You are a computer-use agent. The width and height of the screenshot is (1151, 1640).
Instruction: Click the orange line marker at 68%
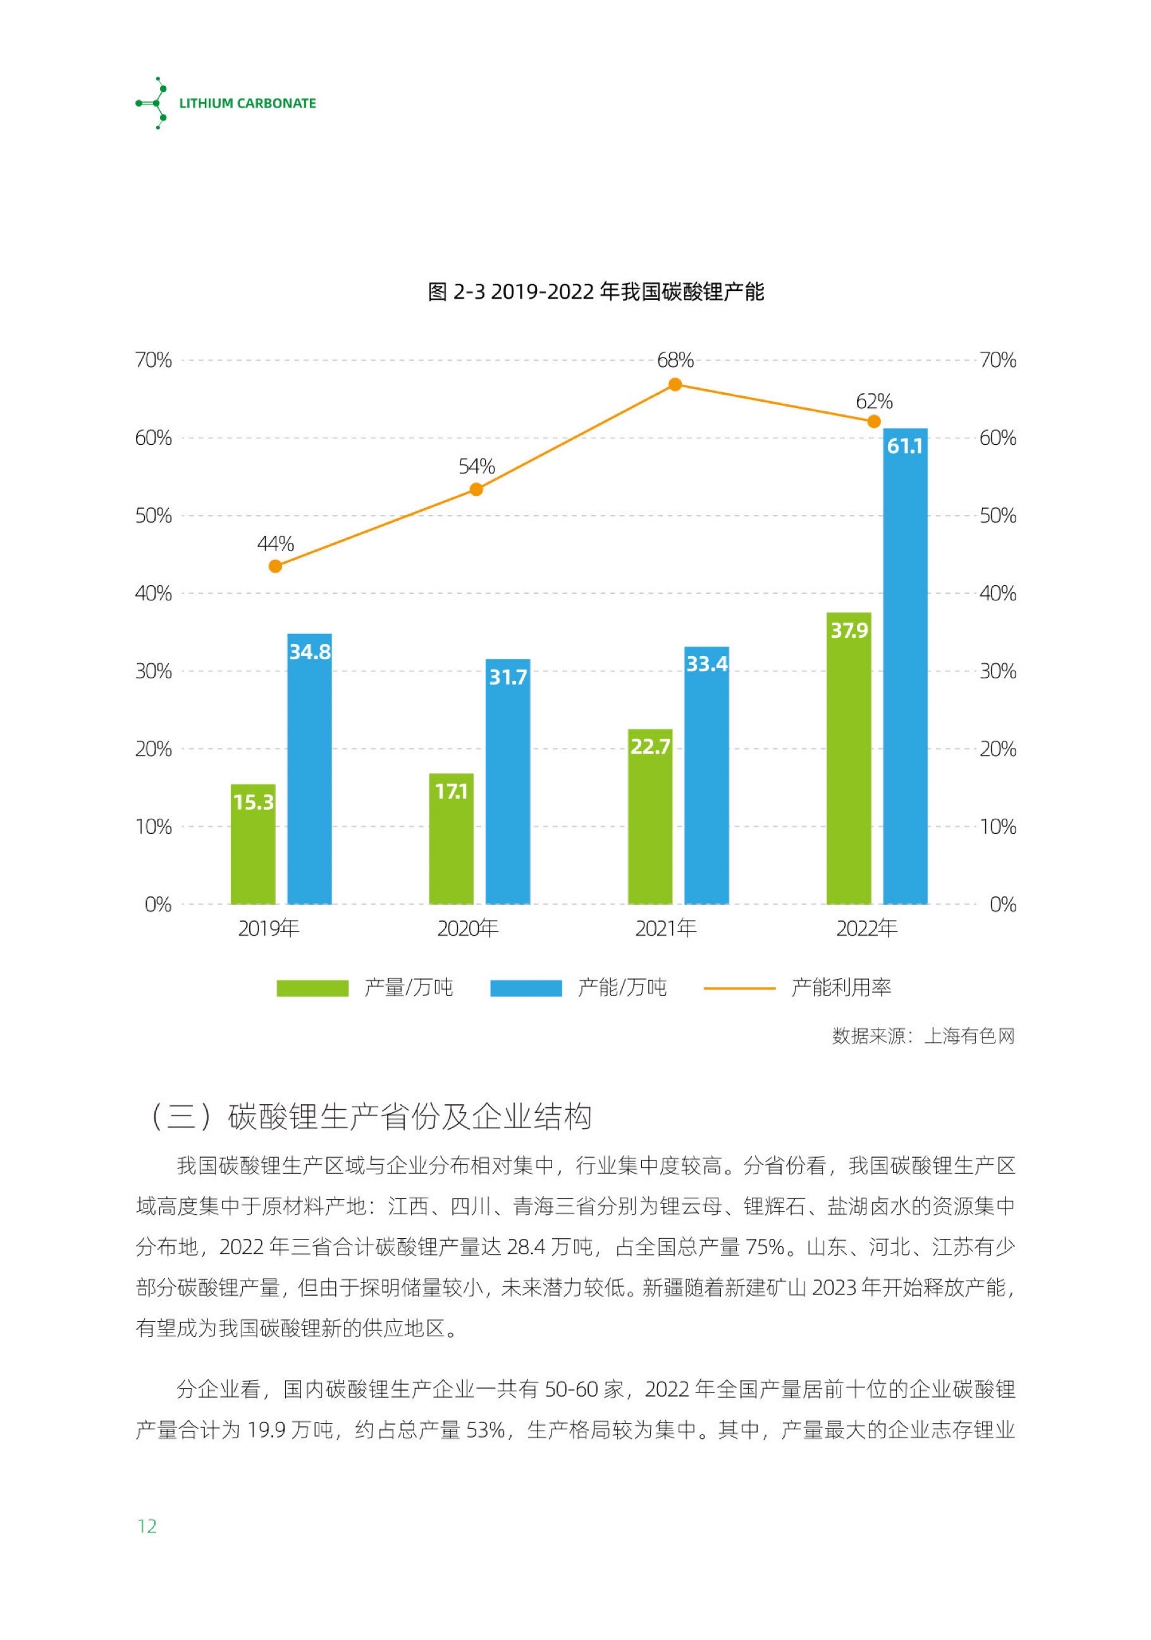point(675,384)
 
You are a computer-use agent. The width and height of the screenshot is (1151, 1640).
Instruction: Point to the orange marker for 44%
point(276,566)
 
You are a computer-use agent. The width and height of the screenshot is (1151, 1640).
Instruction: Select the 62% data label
point(874,401)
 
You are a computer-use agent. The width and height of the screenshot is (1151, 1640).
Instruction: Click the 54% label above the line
point(476,466)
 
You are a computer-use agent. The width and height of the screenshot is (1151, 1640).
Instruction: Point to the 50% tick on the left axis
point(154,516)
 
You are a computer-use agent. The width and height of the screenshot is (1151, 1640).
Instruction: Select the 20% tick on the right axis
point(997,749)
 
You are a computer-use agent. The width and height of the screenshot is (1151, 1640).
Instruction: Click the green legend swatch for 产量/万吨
point(312,988)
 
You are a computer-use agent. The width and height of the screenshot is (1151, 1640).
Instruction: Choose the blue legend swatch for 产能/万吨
point(526,988)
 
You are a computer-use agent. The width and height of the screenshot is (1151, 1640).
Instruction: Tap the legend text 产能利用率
point(840,988)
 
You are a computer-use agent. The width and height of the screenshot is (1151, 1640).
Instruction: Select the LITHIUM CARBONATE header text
point(247,104)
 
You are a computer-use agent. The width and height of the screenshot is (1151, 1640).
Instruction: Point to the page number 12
point(146,1527)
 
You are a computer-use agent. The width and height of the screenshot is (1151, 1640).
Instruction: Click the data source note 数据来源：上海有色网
point(923,1036)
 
